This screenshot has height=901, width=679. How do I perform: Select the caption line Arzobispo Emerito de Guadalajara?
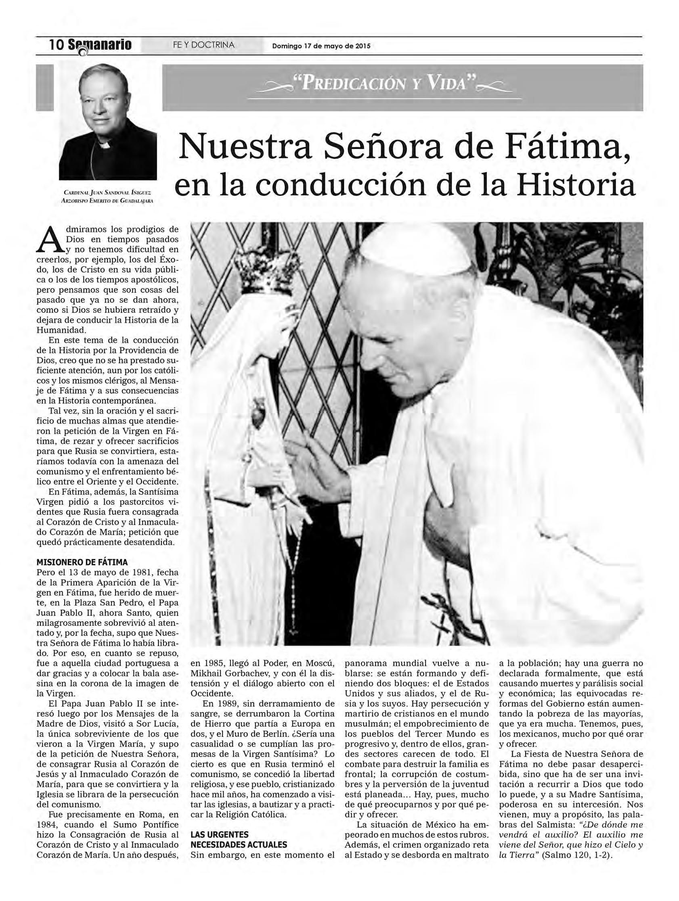pyautogui.click(x=109, y=201)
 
